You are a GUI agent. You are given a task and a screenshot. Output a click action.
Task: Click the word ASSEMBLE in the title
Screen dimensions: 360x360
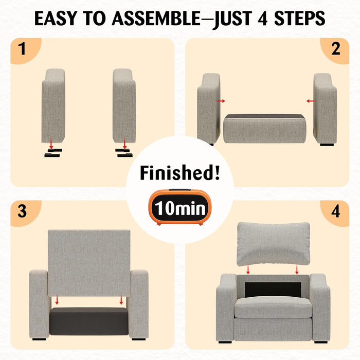click(x=156, y=18)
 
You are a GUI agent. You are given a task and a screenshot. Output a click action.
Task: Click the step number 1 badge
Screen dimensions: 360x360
click(x=26, y=50)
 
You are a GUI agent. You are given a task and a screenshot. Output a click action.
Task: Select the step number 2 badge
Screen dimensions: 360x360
click(x=335, y=50)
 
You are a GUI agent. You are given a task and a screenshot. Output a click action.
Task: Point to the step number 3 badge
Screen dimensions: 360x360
click(x=26, y=213)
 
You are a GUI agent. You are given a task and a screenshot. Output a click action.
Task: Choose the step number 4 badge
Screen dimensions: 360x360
click(x=335, y=213)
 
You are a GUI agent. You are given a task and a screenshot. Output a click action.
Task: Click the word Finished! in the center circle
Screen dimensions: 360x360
click(x=180, y=173)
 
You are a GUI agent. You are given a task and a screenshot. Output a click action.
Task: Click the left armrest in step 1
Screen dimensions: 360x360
click(x=53, y=106)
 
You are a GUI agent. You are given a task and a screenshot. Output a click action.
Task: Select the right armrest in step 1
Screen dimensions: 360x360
click(x=124, y=106)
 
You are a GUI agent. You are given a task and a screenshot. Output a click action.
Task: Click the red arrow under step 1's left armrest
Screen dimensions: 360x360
click(x=51, y=143)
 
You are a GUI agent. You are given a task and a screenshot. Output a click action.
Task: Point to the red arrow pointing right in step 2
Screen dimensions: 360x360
click(x=220, y=101)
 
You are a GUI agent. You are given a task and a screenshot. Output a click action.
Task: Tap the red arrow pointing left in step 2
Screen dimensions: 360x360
click(x=311, y=101)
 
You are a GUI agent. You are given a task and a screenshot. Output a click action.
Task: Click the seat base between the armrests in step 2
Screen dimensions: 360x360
click(x=265, y=129)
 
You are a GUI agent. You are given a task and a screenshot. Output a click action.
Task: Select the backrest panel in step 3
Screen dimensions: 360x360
click(x=89, y=263)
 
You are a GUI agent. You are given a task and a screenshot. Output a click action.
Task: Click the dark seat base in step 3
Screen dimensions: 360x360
click(x=89, y=321)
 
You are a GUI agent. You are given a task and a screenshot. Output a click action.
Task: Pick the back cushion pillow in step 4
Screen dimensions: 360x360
click(x=273, y=244)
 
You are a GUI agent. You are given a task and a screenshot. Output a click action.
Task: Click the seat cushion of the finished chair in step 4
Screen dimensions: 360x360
click(x=273, y=307)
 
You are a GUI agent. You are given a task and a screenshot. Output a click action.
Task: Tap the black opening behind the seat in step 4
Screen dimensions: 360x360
click(x=273, y=290)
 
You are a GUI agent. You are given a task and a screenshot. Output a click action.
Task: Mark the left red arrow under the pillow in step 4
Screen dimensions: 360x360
click(x=248, y=269)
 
